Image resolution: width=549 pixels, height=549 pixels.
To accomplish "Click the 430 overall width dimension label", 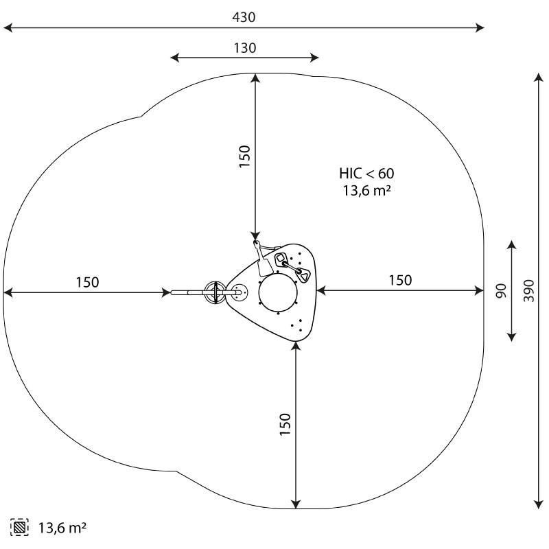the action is (244, 17).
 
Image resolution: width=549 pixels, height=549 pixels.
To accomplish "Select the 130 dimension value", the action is (245, 48).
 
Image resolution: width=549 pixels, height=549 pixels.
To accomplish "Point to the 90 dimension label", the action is (502, 291).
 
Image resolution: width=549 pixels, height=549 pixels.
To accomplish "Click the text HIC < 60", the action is (366, 174).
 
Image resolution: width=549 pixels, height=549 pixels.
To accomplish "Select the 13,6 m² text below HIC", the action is (366, 191).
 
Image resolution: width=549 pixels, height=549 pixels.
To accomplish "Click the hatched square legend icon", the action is (20, 527).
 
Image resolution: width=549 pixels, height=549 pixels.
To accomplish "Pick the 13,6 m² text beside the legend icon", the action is (62, 528).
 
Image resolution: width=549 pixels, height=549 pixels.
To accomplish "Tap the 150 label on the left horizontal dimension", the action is (88, 282).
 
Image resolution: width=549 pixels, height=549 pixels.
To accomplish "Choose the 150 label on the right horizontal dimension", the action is (400, 281).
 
